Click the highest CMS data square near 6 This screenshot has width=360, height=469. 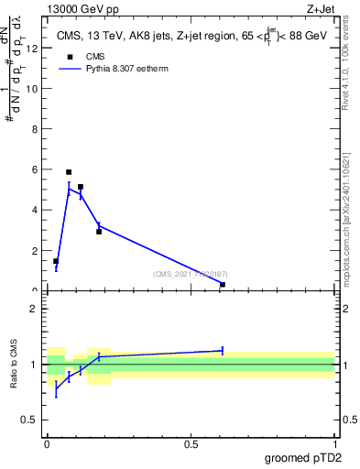pos(69,172)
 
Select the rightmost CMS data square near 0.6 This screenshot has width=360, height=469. pos(223,284)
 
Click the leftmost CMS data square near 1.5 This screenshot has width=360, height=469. pos(56,261)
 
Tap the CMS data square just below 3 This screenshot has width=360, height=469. pos(99,232)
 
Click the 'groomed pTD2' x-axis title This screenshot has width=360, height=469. pos(302,457)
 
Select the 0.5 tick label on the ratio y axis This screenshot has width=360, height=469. pos(28,420)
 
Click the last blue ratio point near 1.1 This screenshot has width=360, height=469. pos(223,350)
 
